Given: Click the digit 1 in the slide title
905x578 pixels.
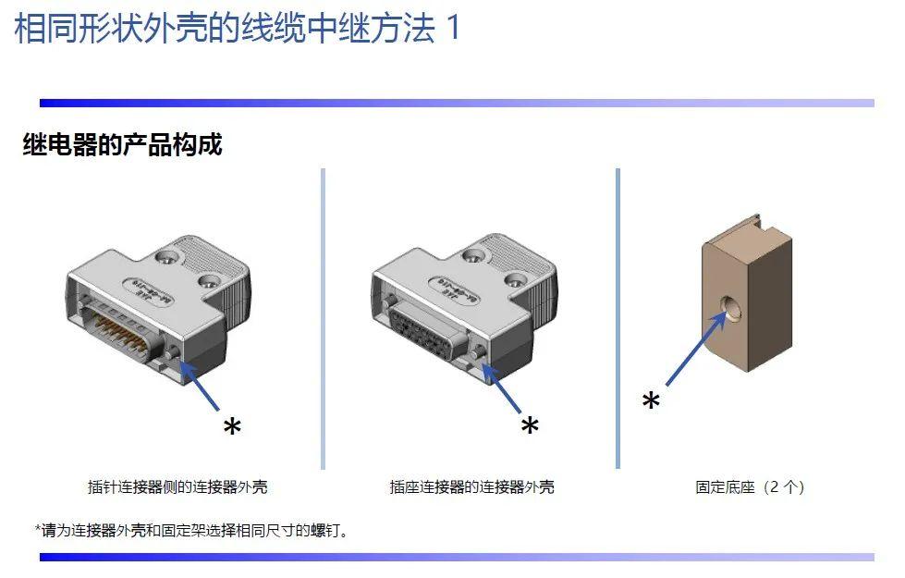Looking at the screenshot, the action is coord(454,28).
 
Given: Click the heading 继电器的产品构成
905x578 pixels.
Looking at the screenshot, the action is coord(122,143).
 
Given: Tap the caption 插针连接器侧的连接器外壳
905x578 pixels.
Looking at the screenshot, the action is coord(177,486).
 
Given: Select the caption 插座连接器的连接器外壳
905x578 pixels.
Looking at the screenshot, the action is coord(471,486).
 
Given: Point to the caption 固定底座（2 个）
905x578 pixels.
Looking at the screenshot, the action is coord(750,486).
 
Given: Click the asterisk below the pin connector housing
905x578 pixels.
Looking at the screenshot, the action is coord(232,428).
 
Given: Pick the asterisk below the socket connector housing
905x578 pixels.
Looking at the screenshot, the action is coord(530,426).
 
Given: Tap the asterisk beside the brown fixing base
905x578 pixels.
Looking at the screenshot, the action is coord(651,400).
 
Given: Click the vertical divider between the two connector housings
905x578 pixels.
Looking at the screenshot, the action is coord(324,319).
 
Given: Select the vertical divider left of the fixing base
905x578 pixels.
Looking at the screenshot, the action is coord(618,319).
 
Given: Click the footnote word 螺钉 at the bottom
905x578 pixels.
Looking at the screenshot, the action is coord(325,530).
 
